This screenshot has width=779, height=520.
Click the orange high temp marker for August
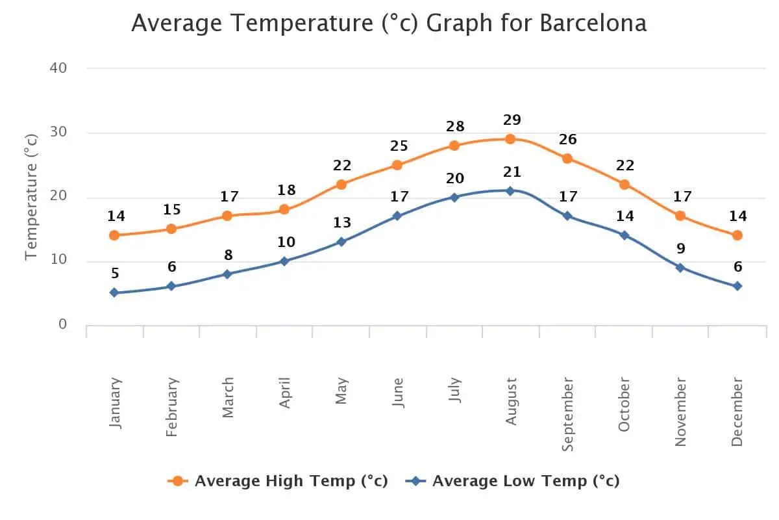pyautogui.click(x=510, y=139)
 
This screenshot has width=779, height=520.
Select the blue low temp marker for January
pyautogui.click(x=114, y=292)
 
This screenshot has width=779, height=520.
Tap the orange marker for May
pyautogui.click(x=341, y=184)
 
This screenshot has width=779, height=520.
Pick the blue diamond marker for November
pyautogui.click(x=680, y=267)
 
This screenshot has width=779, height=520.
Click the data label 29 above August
pyautogui.click(x=512, y=120)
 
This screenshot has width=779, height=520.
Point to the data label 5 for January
pyautogui.click(x=115, y=274)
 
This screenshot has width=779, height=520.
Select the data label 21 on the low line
pyautogui.click(x=512, y=172)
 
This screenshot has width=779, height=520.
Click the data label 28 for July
pyautogui.click(x=456, y=127)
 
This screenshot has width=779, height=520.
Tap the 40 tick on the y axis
pyautogui.click(x=58, y=68)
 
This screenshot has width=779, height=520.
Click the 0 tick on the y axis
pyautogui.click(x=63, y=324)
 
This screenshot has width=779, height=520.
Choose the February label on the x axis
pyautogui.click(x=171, y=407)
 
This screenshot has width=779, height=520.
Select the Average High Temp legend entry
pyautogui.click(x=278, y=481)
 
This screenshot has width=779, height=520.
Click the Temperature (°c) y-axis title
pyautogui.click(x=31, y=196)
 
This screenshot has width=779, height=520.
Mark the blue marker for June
pyautogui.click(x=398, y=216)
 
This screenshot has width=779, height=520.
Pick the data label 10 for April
pyautogui.click(x=286, y=242)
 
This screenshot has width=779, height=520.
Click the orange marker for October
pyautogui.click(x=624, y=184)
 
